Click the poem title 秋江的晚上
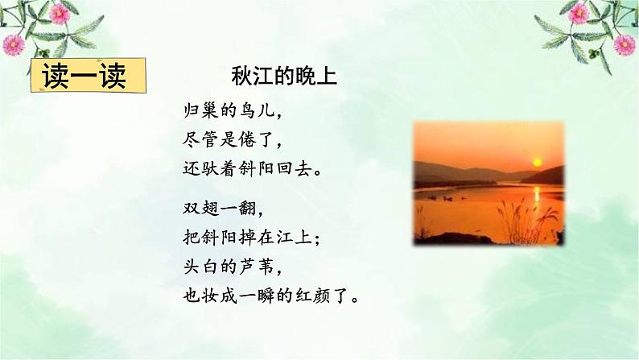click(283, 77)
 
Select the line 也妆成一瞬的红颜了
click(271, 296)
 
